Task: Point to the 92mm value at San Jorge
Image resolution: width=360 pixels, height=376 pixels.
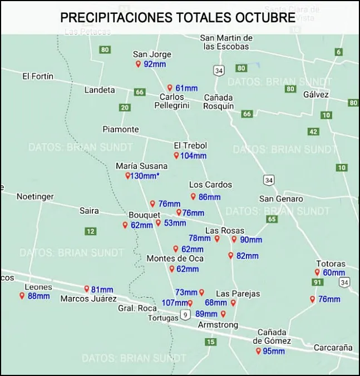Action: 155,65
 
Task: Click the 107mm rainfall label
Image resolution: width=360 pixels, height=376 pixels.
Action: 174,303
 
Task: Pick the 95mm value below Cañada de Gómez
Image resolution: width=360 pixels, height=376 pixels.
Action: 274,352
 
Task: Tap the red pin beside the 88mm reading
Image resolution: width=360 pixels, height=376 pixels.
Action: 22,295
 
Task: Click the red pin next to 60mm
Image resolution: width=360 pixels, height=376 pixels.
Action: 317,272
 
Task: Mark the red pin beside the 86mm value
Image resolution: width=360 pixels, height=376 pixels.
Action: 193,196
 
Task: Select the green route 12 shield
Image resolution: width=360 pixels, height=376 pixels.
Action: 91,231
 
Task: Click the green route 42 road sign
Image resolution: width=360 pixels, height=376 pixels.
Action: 313,132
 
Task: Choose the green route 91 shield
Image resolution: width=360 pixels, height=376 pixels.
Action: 318,283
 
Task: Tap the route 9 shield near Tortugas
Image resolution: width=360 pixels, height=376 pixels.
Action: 185,315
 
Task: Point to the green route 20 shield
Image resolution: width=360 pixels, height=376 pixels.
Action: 125,108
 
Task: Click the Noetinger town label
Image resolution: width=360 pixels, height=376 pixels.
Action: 35,196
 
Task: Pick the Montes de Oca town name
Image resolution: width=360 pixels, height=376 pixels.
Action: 175,259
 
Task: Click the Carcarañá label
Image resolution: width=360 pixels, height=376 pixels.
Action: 333,348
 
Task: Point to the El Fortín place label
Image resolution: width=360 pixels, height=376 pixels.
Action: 38,76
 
